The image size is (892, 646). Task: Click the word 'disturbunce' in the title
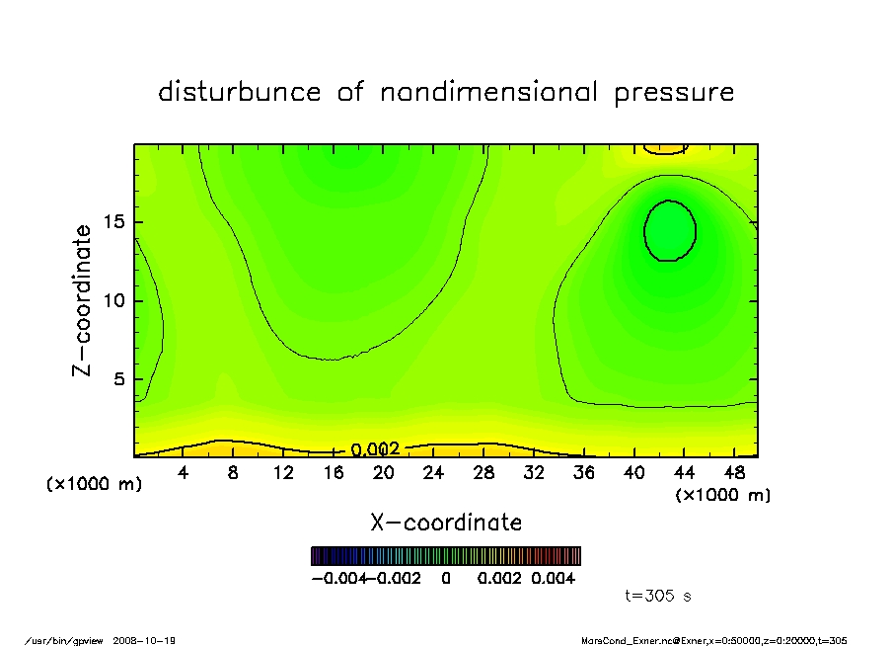240,93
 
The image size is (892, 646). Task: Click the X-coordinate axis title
446,523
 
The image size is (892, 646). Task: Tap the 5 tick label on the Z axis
120,379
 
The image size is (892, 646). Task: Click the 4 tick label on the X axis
183,473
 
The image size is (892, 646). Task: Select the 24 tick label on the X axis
433,473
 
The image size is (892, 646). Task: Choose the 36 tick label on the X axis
583,473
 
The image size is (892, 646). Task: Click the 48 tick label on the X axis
733,473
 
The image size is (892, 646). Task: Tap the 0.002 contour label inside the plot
375,449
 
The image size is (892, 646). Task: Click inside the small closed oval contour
670,230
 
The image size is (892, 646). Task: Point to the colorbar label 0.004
553,578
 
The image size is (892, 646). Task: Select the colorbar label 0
446,578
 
